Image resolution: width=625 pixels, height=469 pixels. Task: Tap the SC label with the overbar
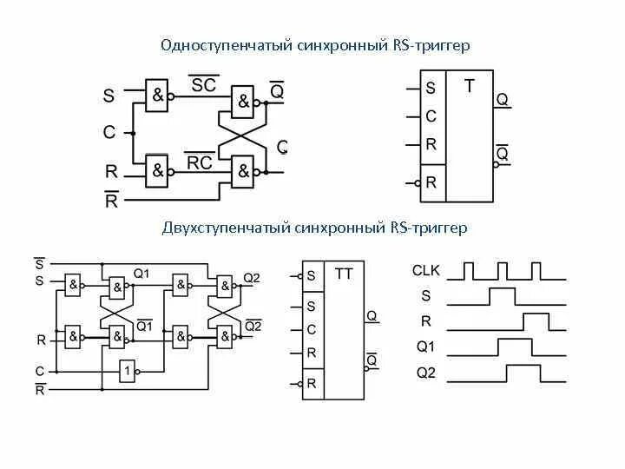tap(204, 85)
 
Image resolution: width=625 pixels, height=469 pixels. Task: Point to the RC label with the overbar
tap(200, 162)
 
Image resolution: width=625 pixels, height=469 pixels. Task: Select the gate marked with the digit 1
tap(128, 371)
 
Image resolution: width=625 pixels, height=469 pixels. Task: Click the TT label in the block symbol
tap(344, 274)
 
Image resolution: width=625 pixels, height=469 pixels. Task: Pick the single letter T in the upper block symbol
tap(470, 86)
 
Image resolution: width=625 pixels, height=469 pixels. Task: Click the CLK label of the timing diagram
tap(426, 271)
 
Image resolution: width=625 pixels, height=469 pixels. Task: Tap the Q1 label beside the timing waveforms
tap(425, 347)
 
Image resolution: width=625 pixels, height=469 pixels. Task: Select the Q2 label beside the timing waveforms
tap(425, 373)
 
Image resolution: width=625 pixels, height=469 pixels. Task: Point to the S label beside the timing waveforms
tap(425, 296)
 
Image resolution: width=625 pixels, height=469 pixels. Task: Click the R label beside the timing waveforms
tap(425, 321)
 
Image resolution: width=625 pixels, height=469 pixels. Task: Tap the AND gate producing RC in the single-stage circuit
tap(157, 170)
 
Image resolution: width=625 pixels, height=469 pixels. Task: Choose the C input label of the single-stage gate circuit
tap(109, 133)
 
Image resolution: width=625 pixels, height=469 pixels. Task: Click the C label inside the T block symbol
tap(431, 116)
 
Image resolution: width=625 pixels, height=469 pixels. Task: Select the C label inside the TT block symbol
tap(312, 330)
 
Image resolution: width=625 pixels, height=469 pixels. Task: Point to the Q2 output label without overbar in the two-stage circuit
tap(252, 277)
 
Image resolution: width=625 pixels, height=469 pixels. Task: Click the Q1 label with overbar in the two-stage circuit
tap(144, 327)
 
